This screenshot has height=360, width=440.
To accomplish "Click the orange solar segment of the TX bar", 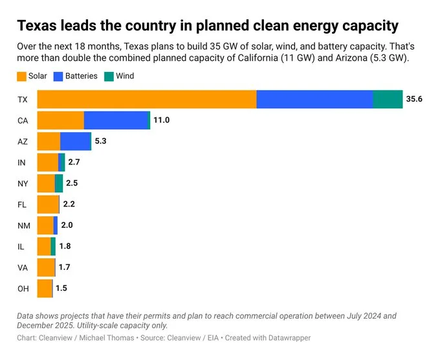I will [147, 100].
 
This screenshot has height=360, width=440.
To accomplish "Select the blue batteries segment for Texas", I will [314, 100].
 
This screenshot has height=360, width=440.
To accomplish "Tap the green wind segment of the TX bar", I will [388, 100].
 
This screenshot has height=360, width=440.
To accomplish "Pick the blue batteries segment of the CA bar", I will [116, 120].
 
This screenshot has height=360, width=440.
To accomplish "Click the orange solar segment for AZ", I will [49, 142].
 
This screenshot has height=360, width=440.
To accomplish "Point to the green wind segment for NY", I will [59, 183].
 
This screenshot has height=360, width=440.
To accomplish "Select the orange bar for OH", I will [44, 288].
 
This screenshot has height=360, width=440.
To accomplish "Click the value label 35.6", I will [414, 100].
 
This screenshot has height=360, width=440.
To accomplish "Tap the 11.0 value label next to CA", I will [161, 120].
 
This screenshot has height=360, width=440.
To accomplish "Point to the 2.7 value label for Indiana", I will [74, 163].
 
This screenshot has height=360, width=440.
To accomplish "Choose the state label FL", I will [22, 205].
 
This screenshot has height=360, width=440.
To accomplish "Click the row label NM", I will [23, 225].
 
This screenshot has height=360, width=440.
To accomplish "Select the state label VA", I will [22, 267].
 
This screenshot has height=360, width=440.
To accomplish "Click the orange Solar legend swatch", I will [22, 76].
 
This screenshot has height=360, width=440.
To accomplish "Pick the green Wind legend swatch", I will [109, 76].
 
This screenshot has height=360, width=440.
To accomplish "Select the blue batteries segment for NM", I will [56, 225].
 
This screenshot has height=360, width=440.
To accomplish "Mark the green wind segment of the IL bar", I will [53, 246].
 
